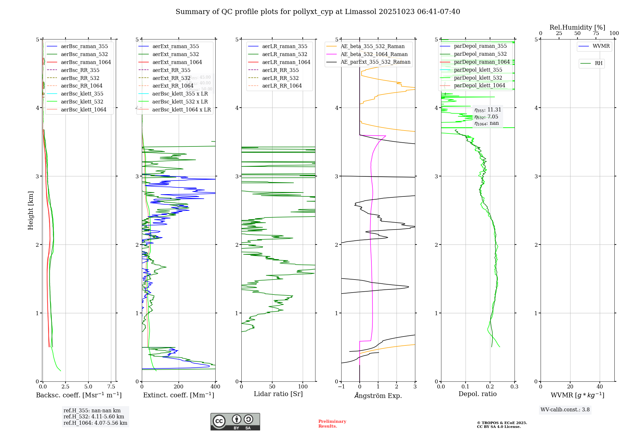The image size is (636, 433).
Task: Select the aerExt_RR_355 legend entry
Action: point(171,70)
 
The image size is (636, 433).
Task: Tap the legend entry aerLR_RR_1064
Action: point(282,86)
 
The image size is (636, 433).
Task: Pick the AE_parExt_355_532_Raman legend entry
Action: point(375,62)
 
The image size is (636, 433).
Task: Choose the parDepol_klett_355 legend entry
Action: point(478,70)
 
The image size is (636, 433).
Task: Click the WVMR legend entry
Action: point(601,46)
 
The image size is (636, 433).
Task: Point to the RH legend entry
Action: point(598,63)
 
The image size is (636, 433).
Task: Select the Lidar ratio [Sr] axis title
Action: point(278,394)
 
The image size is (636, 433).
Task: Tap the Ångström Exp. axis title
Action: point(378,395)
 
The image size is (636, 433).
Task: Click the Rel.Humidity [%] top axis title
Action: point(577,27)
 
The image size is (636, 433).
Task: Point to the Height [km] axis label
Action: point(31,210)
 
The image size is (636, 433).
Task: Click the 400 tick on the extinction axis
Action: point(215,387)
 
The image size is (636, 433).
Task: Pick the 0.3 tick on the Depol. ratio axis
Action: point(514,387)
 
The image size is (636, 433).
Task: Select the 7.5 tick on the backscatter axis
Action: point(111,387)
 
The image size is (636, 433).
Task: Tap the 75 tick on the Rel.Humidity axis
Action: point(596,33)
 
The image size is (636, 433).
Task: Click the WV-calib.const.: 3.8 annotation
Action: point(565,410)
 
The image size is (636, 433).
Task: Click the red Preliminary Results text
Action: point(332,424)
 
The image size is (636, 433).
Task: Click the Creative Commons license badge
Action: point(235,422)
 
